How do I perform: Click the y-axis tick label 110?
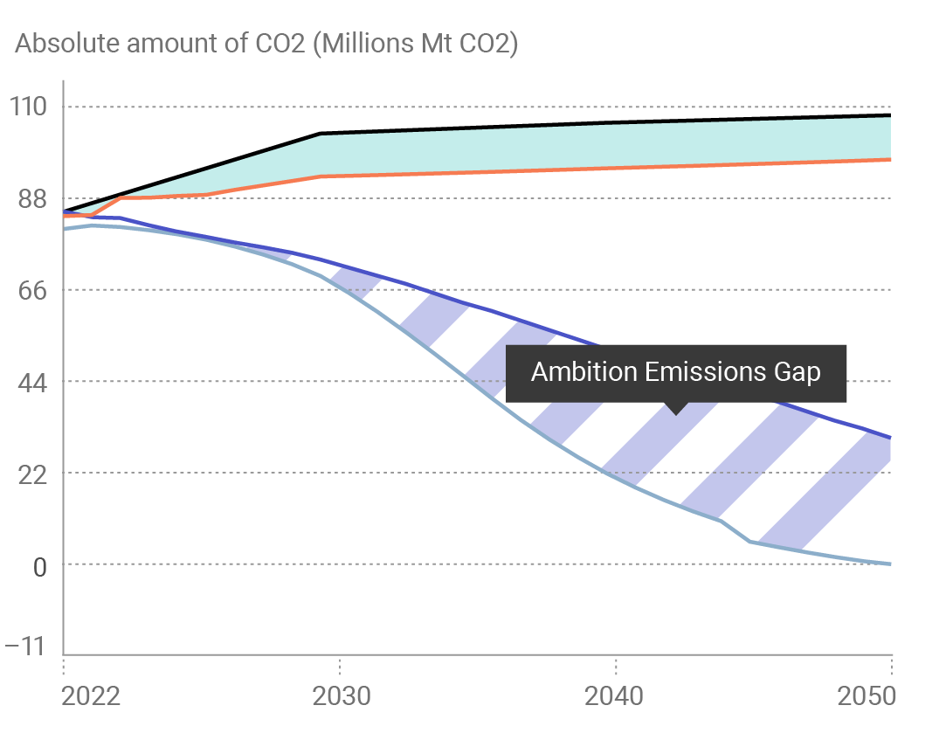tap(27, 107)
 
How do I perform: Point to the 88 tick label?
tap(27, 199)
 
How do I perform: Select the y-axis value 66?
tap(27, 290)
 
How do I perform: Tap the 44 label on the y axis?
tap(27, 382)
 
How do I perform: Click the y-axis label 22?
tap(27, 474)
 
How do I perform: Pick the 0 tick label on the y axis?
tap(38, 565)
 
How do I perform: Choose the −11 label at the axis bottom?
tap(24, 647)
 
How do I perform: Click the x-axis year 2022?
tap(90, 696)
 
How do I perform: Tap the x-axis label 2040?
tap(616, 696)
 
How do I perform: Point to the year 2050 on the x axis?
tap(867, 696)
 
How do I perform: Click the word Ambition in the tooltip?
tap(583, 372)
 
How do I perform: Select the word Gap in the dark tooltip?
tap(796, 372)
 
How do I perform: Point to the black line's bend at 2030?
tap(321, 134)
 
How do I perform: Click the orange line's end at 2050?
tap(890, 159)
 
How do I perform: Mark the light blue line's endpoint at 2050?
tap(890, 564)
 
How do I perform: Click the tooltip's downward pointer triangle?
tap(676, 408)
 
